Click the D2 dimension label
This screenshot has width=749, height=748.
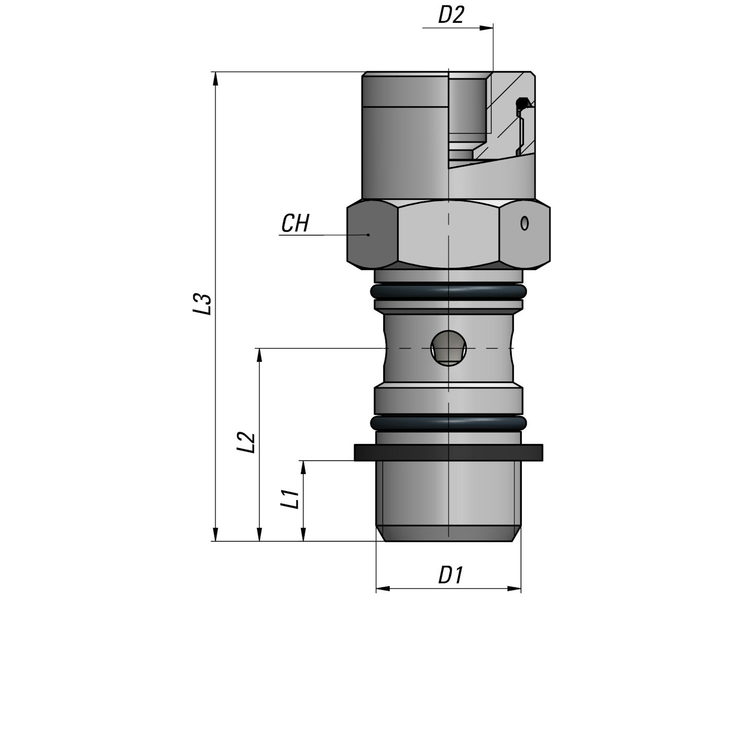click(451, 15)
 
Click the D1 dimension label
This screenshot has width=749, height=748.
click(451, 575)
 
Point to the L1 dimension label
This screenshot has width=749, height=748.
click(290, 499)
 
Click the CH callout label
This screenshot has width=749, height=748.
click(295, 224)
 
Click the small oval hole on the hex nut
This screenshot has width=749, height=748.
click(524, 223)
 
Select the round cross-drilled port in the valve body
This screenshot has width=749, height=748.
click(449, 348)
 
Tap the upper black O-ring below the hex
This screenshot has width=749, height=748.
click(449, 291)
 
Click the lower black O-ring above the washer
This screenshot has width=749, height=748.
click(449, 423)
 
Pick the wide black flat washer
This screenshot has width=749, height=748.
click(449, 452)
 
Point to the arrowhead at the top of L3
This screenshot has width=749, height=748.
click(215, 78)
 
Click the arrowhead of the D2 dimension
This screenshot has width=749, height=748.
click(486, 28)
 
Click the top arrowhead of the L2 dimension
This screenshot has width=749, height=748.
click(259, 355)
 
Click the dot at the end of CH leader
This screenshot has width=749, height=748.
click(368, 234)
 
